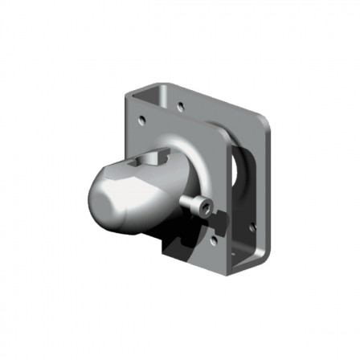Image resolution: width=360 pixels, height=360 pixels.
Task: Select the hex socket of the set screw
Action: (x=208, y=210)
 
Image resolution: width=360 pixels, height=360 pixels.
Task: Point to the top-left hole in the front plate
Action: (x=141, y=121)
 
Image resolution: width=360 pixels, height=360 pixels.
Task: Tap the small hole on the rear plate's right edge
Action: (x=252, y=227)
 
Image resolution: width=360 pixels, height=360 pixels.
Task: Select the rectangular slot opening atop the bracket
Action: (x=153, y=96)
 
